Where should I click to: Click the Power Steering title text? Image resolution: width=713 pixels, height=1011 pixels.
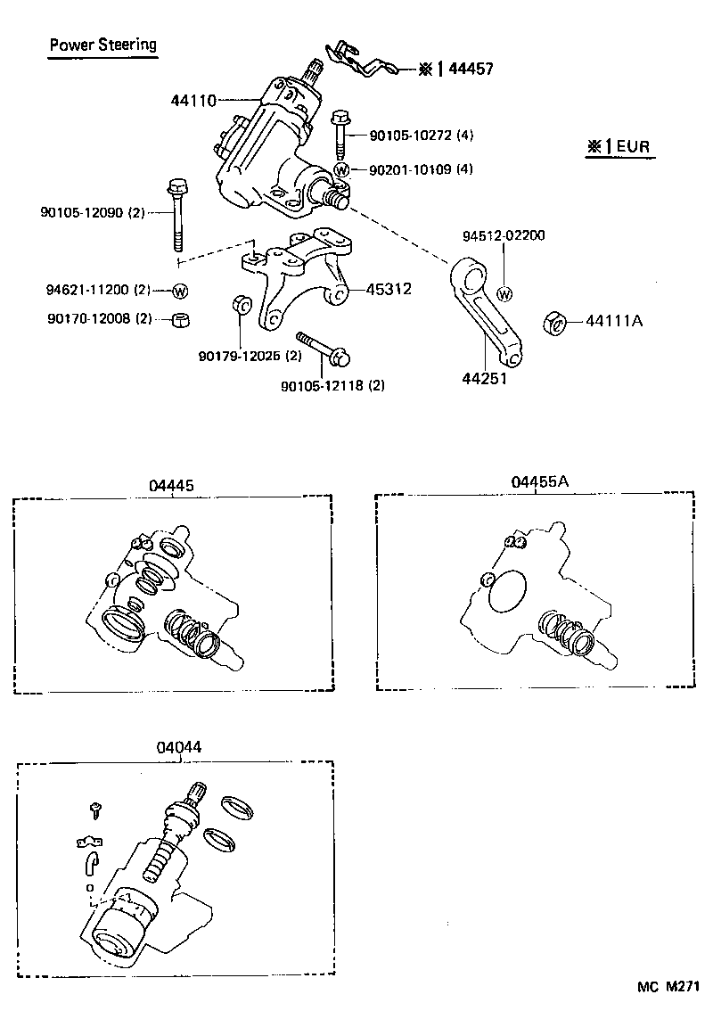(x=102, y=44)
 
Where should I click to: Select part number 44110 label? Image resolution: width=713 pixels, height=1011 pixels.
(x=193, y=101)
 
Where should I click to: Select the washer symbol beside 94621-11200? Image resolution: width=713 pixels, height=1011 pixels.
(x=179, y=291)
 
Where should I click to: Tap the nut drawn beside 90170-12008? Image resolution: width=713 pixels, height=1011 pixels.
(x=179, y=320)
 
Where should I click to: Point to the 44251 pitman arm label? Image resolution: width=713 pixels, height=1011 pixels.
(x=484, y=378)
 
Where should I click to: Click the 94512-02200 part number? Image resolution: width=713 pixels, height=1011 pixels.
(x=504, y=236)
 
